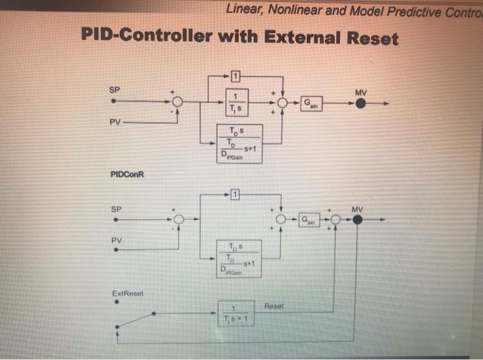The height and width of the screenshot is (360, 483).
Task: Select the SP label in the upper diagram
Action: click(114, 89)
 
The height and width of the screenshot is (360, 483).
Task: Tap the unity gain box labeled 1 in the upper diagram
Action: click(235, 75)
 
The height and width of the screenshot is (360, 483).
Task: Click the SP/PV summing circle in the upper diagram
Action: click(177, 102)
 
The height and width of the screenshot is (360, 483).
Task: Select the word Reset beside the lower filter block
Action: click(274, 306)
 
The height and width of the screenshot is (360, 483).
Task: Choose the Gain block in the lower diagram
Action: click(309, 220)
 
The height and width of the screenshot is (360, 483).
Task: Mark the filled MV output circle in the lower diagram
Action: click(357, 220)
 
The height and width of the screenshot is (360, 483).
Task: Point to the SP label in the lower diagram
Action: click(116, 208)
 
